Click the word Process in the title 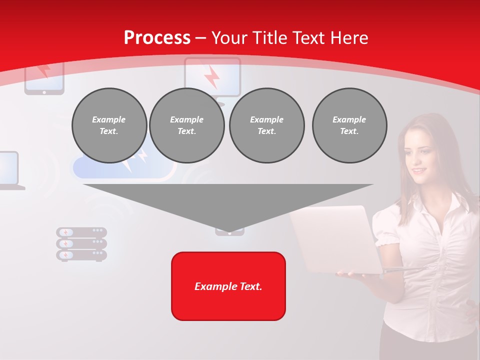tap(157, 38)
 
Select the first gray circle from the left tap(109, 125)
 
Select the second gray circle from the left tap(186, 125)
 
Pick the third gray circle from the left tap(266, 125)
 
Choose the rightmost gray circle tap(349, 125)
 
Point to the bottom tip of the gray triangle tap(229, 231)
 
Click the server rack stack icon tap(81, 244)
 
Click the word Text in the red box tap(250, 286)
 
